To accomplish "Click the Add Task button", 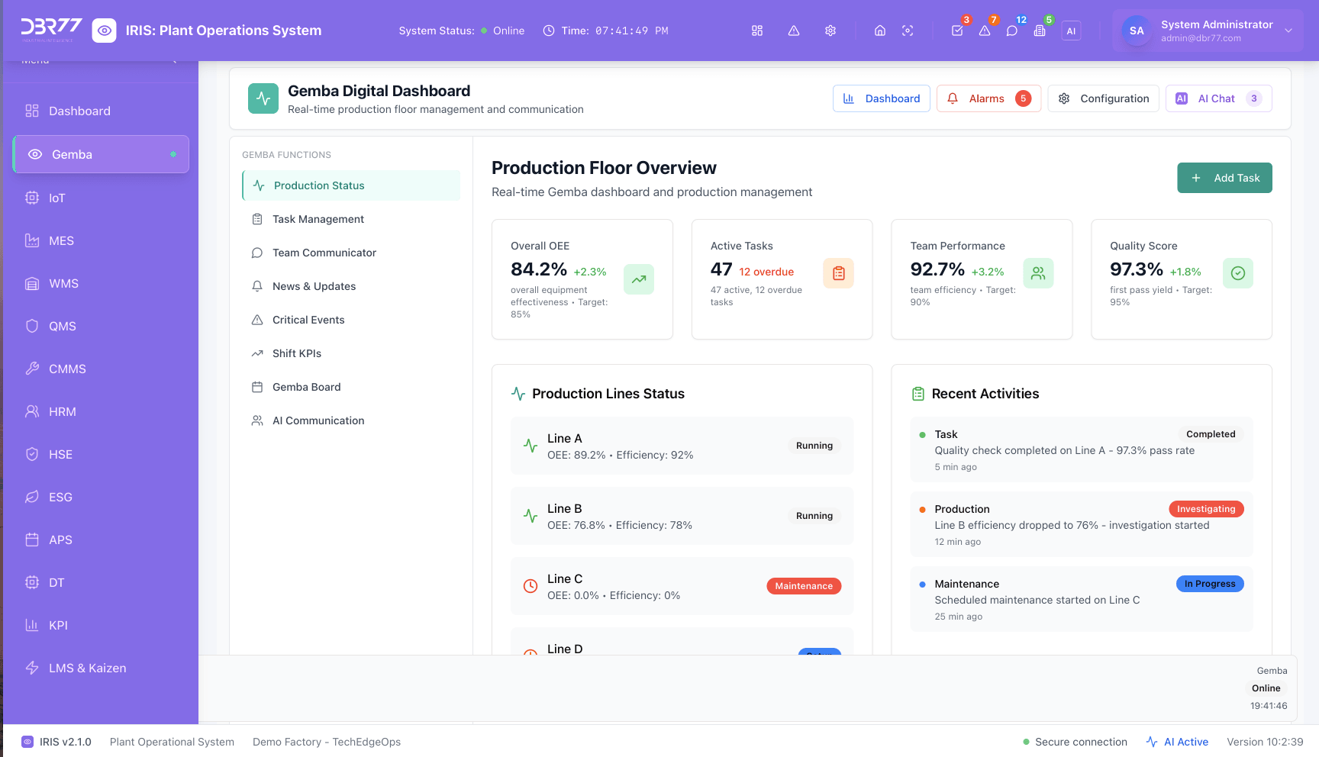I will point(1224,178).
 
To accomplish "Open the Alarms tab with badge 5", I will point(988,98).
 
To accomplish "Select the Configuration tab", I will point(1104,98).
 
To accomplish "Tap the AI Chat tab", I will point(1217,98).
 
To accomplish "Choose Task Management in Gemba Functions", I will point(318,219).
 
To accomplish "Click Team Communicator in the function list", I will point(324,253).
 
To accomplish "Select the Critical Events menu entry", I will point(308,320).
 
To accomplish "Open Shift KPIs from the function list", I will point(297,353).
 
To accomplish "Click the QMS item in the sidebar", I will point(62,326).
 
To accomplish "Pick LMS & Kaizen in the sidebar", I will point(87,668).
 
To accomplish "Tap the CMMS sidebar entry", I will point(67,369).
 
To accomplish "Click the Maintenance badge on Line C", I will point(804,586).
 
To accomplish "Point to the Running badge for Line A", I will point(814,446).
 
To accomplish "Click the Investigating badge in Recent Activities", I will point(1205,509).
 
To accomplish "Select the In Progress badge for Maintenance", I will point(1209,584).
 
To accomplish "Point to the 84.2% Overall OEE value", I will point(539,269).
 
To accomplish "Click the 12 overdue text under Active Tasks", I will point(766,272).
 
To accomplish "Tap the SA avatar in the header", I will point(1137,31).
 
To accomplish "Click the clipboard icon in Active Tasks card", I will point(838,273).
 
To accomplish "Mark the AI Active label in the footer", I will point(1185,742).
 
